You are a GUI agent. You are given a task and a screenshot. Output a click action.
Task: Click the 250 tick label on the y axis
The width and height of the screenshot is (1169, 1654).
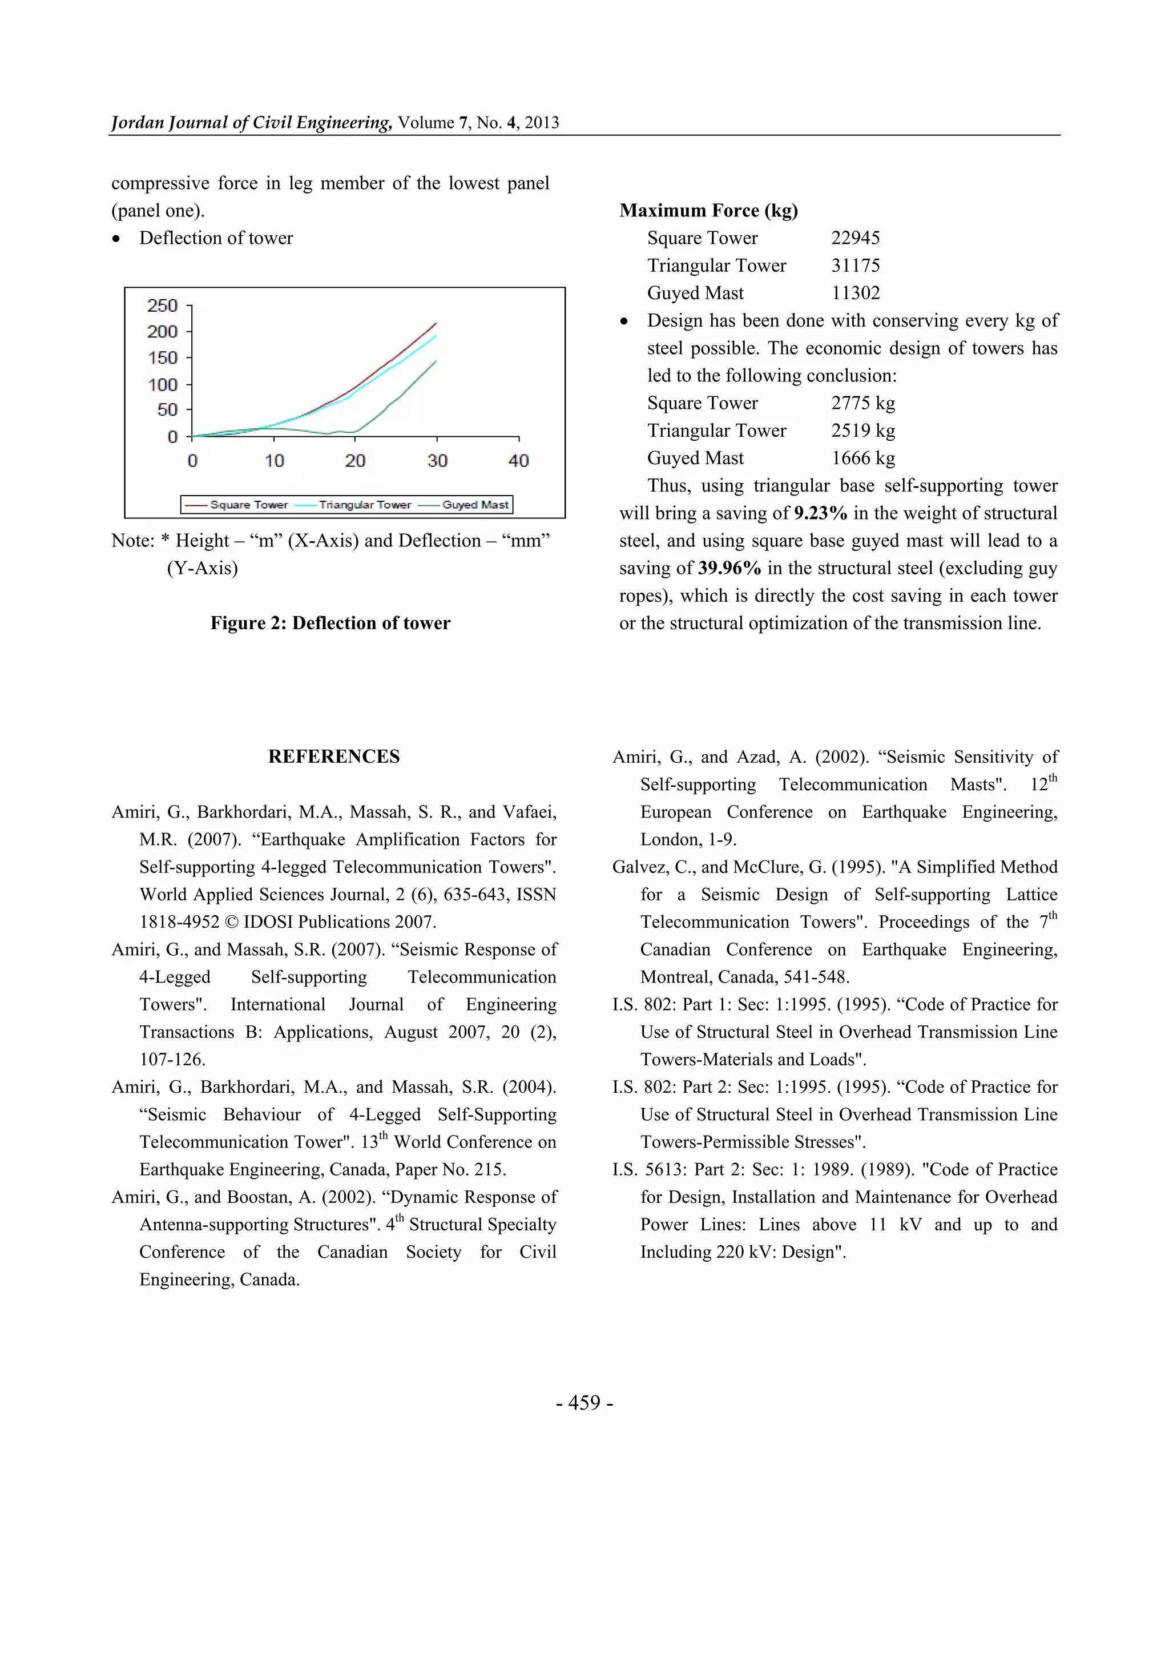tap(162, 305)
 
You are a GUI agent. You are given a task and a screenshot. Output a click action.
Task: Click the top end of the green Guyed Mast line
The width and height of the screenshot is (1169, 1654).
tap(436, 361)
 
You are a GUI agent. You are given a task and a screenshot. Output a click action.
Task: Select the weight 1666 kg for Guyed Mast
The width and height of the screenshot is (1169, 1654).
tap(863, 458)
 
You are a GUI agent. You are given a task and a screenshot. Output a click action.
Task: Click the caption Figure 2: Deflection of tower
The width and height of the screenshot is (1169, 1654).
tap(330, 623)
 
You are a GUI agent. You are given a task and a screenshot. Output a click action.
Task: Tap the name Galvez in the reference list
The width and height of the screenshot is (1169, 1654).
tap(641, 867)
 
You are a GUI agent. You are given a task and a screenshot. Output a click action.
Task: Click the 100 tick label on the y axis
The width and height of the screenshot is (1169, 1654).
tap(162, 385)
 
